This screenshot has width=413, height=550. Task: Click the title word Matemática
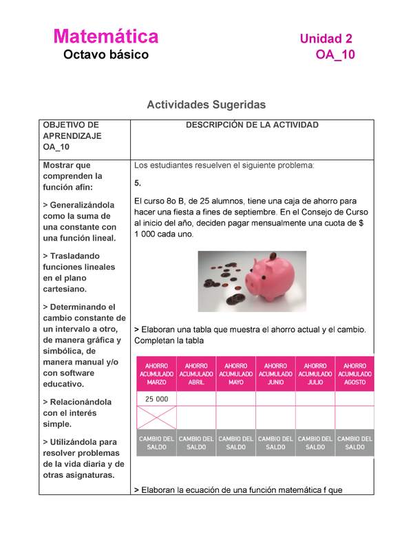[x=106, y=36]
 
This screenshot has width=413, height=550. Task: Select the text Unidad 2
[x=326, y=38]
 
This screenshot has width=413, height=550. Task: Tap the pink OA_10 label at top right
[x=335, y=55]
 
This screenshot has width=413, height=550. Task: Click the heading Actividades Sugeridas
[x=206, y=104]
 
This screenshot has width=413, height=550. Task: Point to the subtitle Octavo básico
[x=106, y=55]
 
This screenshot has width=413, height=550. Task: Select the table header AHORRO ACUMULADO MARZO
[x=156, y=374]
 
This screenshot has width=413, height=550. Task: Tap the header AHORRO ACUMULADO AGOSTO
[x=354, y=374]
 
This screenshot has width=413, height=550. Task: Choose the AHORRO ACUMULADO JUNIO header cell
[x=275, y=374]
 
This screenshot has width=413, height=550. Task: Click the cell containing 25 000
[x=156, y=399]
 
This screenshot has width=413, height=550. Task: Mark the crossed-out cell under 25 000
[x=156, y=417]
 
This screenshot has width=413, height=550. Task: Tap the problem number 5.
[x=138, y=184]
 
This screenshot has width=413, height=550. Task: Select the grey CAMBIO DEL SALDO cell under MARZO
[x=156, y=443]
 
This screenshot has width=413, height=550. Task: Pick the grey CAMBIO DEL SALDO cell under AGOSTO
[x=354, y=443]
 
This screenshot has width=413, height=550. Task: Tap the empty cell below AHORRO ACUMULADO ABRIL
[x=196, y=399]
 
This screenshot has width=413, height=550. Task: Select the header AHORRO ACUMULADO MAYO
[x=235, y=374]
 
